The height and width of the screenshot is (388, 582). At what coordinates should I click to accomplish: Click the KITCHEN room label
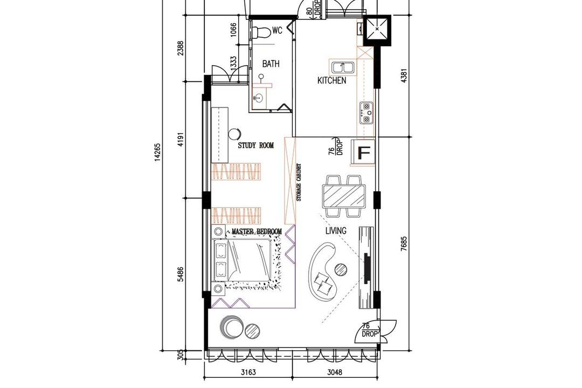(331, 81)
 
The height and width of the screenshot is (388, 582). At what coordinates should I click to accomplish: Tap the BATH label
(271, 64)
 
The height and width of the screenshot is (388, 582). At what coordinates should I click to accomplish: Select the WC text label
(277, 31)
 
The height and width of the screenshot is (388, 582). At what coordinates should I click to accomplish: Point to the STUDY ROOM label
(256, 145)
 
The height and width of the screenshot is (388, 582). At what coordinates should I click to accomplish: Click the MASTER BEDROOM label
(257, 232)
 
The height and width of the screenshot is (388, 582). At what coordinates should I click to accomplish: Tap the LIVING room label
(336, 231)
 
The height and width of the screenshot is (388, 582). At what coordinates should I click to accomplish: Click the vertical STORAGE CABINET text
(299, 183)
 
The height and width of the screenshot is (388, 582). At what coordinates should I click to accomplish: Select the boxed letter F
(364, 153)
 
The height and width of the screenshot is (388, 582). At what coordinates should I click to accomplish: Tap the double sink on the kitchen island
(342, 67)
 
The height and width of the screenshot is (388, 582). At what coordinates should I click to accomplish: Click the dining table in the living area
(344, 196)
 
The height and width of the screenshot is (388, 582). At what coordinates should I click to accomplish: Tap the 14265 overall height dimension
(157, 152)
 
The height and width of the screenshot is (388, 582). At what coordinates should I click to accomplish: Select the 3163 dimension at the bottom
(248, 371)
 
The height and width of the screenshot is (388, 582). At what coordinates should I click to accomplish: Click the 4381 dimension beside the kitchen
(404, 77)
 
